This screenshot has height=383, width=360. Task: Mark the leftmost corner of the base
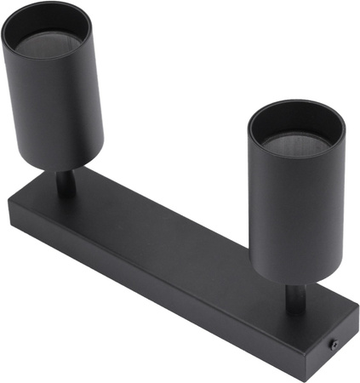(9, 207)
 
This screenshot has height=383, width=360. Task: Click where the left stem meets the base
(65, 193)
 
